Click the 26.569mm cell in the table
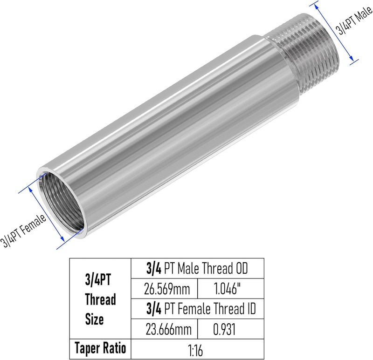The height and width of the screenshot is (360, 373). [167, 289]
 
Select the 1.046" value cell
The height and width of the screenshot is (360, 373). [228, 289]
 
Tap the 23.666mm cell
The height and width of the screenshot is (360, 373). [168, 330]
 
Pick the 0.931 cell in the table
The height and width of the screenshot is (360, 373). [224, 330]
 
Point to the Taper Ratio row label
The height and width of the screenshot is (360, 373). [100, 348]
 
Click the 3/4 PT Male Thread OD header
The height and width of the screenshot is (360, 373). [197, 269]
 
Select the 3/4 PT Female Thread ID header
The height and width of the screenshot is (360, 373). [201, 308]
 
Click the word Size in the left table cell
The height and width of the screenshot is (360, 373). [95, 319]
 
